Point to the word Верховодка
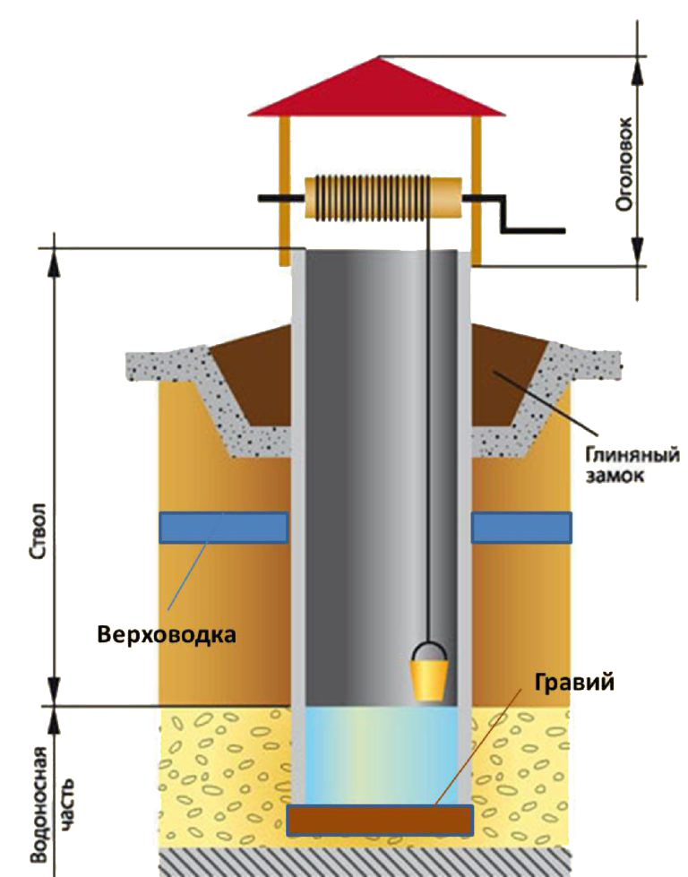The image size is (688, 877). [168, 636]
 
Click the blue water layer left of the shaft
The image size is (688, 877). [223, 528]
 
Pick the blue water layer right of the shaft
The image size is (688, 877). [521, 528]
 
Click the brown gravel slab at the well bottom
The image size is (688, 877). [379, 819]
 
